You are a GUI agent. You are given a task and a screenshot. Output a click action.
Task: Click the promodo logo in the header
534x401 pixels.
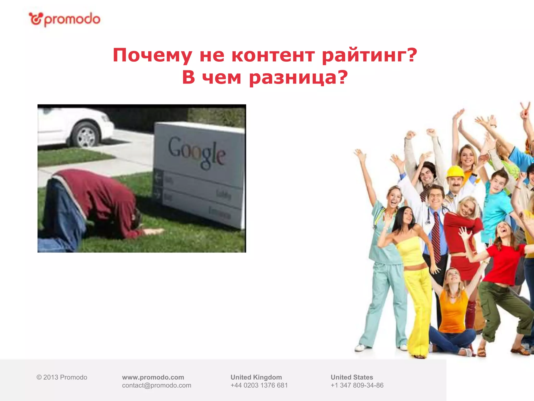64,19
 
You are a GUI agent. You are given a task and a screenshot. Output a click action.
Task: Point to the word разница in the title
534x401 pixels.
298,78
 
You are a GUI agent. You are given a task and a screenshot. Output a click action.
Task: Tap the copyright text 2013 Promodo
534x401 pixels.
62,377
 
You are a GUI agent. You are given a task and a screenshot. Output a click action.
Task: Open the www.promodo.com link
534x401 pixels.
153,377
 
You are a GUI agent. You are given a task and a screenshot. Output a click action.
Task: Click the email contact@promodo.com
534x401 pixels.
156,385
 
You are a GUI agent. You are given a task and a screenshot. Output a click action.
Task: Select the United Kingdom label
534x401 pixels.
256,377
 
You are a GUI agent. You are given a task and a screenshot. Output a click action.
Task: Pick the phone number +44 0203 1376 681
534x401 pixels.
259,385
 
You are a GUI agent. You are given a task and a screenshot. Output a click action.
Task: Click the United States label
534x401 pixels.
352,377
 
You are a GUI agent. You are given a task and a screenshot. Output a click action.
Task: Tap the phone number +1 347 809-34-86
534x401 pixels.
357,385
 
